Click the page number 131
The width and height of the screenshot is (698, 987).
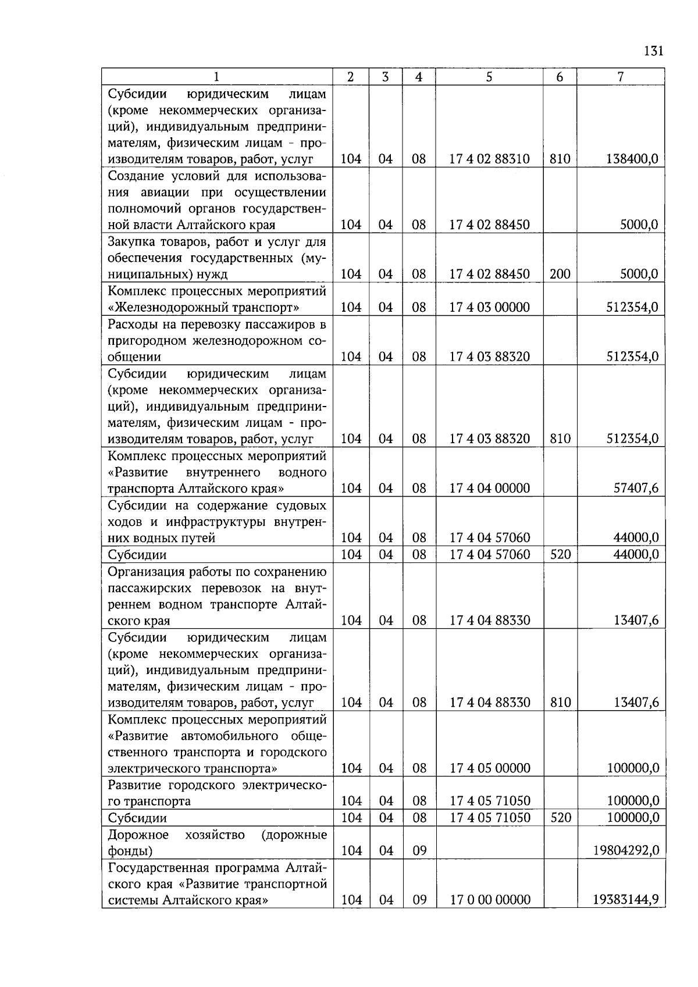[654, 51]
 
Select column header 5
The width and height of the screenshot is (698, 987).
[489, 77]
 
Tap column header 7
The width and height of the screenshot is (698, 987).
[621, 77]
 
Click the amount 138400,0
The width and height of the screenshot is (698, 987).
[632, 159]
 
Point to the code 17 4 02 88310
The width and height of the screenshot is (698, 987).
[489, 159]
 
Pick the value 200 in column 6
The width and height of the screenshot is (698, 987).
[560, 274]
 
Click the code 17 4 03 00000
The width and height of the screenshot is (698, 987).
[489, 307]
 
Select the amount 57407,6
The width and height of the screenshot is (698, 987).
[636, 488]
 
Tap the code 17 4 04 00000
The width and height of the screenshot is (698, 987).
[489, 488]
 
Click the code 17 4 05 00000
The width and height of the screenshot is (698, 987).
[489, 768]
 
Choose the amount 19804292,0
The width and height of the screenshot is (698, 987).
[626, 850]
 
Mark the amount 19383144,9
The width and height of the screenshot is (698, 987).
[626, 900]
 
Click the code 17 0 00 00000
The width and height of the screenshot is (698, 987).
[489, 900]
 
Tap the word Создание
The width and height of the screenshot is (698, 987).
[134, 176]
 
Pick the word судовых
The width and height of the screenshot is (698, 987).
[298, 505]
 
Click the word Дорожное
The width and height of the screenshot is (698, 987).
[138, 835]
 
